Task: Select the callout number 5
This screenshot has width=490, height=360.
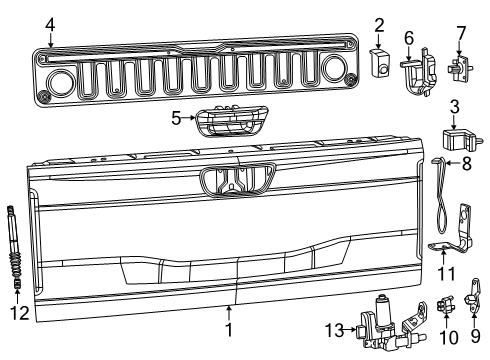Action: (177, 117)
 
